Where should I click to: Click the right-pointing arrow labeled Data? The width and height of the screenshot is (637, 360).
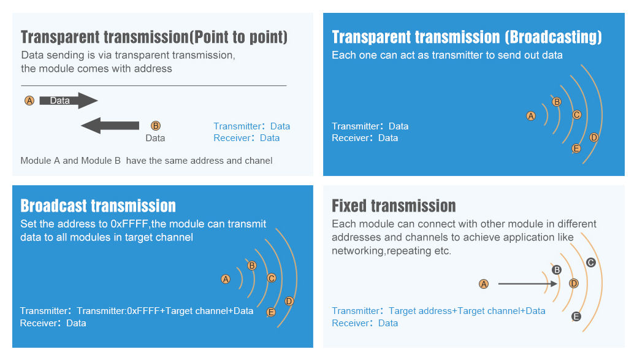click(x=68, y=101)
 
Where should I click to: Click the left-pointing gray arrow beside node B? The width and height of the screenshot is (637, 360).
click(x=110, y=126)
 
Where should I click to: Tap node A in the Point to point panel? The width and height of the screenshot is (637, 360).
click(x=29, y=101)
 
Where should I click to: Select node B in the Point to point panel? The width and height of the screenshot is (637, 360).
click(x=155, y=126)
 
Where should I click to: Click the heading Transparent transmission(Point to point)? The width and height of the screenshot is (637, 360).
click(x=154, y=37)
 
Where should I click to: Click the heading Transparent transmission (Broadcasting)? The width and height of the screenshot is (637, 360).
click(x=467, y=37)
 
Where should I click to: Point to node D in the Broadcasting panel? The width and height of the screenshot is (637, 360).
click(x=594, y=137)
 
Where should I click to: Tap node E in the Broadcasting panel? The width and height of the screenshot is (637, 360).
click(x=576, y=148)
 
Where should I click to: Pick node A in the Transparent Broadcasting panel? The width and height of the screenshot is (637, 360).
click(x=531, y=116)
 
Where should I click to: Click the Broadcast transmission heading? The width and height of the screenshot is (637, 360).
click(x=98, y=206)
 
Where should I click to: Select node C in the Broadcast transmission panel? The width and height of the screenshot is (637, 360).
click(x=272, y=278)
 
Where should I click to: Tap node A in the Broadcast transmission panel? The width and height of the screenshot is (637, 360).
click(x=226, y=279)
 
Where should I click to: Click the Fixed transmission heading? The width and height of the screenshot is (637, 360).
click(x=394, y=206)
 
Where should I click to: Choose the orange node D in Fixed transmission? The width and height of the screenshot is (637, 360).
click(x=574, y=283)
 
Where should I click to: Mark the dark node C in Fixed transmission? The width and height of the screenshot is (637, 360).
click(x=591, y=262)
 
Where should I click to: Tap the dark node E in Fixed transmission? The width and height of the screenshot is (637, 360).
click(x=576, y=316)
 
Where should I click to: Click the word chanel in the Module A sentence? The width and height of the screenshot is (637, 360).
click(x=258, y=161)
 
